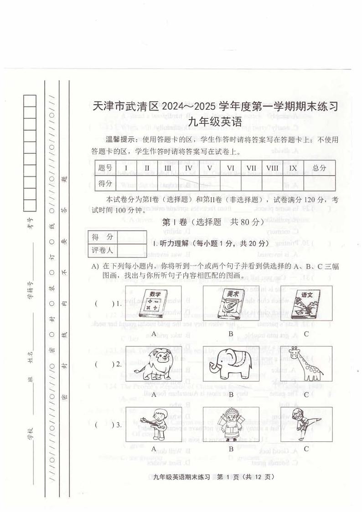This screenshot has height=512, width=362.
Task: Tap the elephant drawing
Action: click(x=231, y=364)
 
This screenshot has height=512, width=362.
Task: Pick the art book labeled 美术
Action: click(x=231, y=303)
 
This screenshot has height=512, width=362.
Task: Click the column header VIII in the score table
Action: click(x=272, y=168)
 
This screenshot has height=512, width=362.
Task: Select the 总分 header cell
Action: click(x=319, y=168)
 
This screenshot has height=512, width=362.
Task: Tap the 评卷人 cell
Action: click(x=103, y=250)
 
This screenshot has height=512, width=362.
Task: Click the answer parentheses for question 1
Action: click(x=103, y=303)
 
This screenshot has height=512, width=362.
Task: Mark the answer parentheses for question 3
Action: click(x=103, y=425)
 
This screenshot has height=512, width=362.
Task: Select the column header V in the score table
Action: click(x=209, y=168)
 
